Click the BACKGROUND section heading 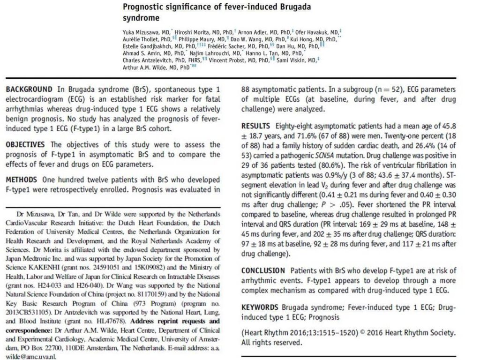coord(29,89)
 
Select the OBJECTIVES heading coord(25,144)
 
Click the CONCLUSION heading coord(263,271)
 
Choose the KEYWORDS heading coord(260,307)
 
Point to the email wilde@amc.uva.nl coord(30,355)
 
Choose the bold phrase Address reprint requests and coord(174,321)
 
